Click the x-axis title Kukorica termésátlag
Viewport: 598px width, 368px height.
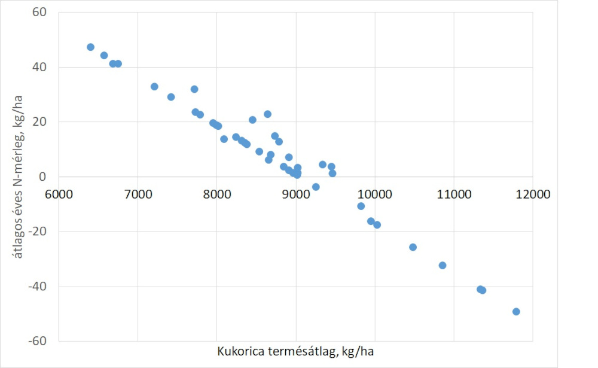point(296,351)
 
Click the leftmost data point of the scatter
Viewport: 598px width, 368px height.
point(90,47)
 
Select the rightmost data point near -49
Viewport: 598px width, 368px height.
point(516,311)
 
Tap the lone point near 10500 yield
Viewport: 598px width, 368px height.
point(413,247)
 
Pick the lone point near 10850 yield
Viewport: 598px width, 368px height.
point(443,265)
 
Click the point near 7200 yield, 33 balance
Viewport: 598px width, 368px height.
point(154,86)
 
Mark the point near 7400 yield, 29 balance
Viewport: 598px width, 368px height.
point(171,97)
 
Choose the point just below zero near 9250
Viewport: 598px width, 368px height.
point(316,187)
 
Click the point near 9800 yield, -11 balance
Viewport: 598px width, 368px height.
point(361,206)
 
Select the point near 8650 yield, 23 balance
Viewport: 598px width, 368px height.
point(267,114)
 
